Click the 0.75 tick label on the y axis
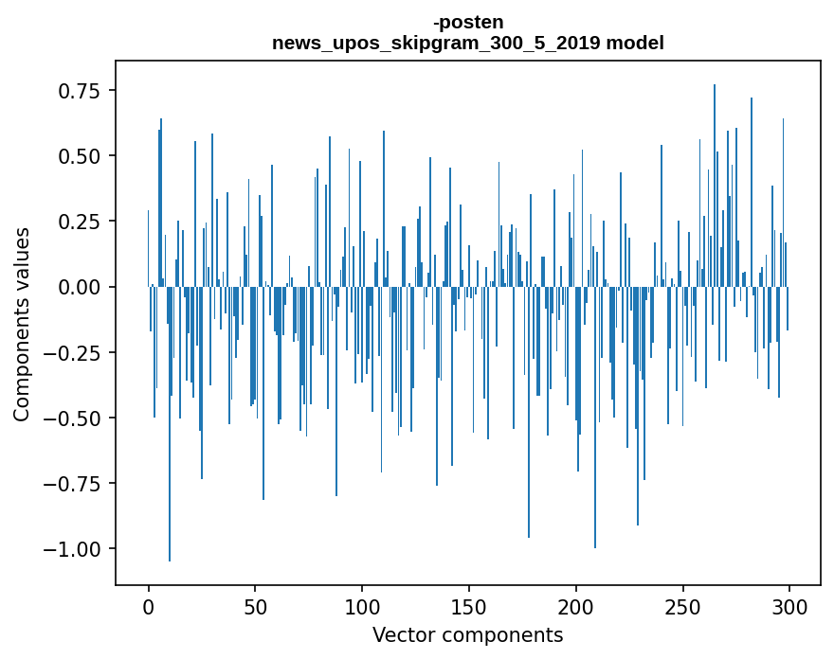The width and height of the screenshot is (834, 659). click(x=79, y=91)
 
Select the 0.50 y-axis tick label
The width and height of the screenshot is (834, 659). click(x=79, y=156)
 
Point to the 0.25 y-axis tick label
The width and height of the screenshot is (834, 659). click(x=79, y=222)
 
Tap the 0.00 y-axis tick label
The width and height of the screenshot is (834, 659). click(x=79, y=287)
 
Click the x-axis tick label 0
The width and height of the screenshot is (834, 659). click(x=148, y=607)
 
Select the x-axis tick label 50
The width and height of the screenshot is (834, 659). click(x=255, y=607)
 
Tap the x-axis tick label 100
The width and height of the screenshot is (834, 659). click(x=362, y=607)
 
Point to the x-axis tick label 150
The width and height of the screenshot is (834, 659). click(x=469, y=607)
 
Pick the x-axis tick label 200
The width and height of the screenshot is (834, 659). click(x=576, y=607)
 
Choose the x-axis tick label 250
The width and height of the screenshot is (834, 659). click(x=683, y=607)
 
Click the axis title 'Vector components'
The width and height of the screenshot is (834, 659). click(x=468, y=635)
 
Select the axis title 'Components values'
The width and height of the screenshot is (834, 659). click(x=22, y=324)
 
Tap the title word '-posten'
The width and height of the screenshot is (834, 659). click(x=468, y=22)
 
